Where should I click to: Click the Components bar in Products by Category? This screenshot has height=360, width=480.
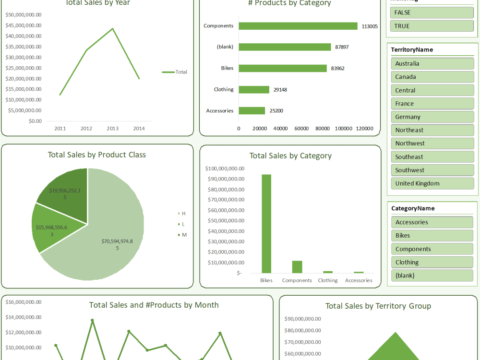click(298, 26)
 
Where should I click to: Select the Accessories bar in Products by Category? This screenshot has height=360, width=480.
click(252, 111)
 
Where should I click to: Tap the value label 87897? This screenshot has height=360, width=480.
click(342, 47)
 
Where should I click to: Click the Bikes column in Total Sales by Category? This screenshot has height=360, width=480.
click(266, 224)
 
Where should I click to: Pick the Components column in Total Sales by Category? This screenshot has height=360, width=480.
click(297, 267)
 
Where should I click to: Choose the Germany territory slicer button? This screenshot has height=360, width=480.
click(432, 117)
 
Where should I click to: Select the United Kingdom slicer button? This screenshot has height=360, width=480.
click(432, 183)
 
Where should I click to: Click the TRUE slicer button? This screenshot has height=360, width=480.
click(432, 26)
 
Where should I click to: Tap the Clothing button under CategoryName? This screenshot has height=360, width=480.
click(432, 262)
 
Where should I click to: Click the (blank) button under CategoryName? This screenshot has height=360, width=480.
click(432, 276)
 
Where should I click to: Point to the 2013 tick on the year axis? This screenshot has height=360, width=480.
click(112, 129)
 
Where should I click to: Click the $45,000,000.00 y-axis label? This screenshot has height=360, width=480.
click(24, 25)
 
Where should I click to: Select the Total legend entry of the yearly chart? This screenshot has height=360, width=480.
click(175, 72)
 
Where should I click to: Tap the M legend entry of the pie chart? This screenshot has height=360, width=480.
click(182, 235)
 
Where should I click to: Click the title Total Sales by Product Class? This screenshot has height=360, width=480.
click(97, 155)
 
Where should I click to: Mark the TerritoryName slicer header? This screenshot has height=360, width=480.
click(412, 50)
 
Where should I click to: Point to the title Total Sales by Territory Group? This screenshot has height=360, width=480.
click(378, 306)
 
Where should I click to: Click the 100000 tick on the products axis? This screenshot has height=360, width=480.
click(344, 128)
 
